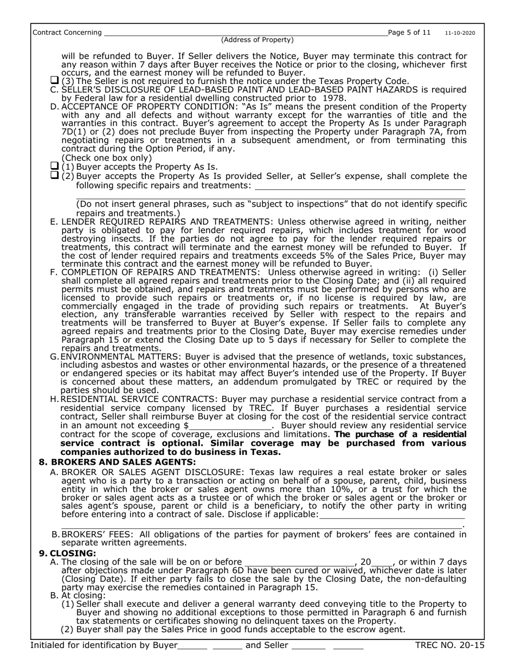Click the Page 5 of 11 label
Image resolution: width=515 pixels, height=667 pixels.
409,33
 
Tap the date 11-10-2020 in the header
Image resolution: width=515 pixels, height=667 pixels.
460,33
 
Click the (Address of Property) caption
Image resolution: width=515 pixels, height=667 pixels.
257,40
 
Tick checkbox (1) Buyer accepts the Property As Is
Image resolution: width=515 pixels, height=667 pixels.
54,166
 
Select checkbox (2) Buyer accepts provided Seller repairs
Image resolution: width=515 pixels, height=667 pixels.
54,176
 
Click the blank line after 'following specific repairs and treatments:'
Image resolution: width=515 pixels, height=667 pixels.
359,185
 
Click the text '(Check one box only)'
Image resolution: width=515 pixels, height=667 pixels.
106,158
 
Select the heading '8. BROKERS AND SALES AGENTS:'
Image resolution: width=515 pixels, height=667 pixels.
117,462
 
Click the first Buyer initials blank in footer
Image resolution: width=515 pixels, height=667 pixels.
192,645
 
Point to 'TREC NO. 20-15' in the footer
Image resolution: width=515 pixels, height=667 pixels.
449,645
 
